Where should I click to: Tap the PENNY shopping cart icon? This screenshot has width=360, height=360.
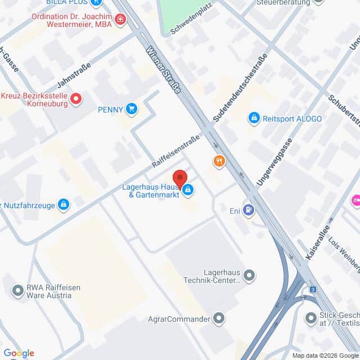132,109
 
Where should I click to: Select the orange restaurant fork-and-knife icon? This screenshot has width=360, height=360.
219,162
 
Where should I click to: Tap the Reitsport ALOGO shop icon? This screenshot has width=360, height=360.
254,118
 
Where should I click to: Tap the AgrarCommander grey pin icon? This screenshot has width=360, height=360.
219,319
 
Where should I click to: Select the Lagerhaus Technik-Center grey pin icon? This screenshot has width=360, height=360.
250,276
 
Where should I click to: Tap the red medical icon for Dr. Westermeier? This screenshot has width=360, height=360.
120,21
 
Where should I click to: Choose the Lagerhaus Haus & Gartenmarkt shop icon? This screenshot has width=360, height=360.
188,191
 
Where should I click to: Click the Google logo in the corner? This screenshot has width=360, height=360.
19,353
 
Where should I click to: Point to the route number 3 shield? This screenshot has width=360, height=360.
313,289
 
